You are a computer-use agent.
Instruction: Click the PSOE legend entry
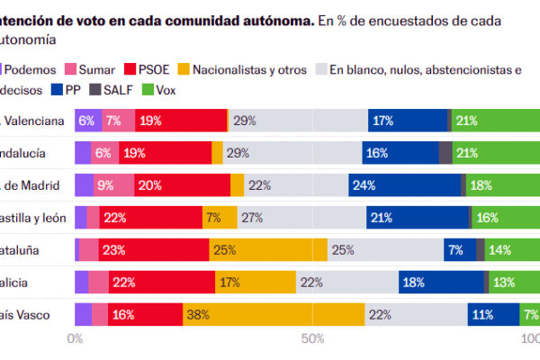click(x=153, y=69)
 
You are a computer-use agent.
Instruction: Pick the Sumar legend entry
click(x=90, y=69)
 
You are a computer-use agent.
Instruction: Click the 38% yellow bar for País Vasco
click(x=274, y=314)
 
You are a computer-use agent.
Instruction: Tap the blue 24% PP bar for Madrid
click(x=404, y=185)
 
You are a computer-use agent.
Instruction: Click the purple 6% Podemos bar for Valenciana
click(x=86, y=121)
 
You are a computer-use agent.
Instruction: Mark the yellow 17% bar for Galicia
click(x=256, y=282)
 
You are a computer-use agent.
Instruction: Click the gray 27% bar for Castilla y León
click(x=301, y=217)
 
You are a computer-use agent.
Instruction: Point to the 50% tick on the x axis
click(x=311, y=339)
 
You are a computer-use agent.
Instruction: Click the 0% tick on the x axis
click(x=76, y=339)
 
